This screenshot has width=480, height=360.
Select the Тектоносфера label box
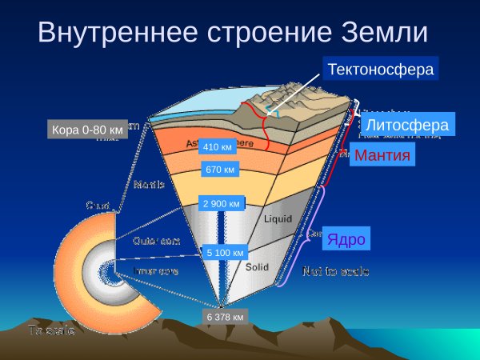click(381, 70)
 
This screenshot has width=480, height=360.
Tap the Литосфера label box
click(406, 125)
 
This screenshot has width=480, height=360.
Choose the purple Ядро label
click(347, 239)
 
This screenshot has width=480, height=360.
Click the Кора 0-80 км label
click(87, 129)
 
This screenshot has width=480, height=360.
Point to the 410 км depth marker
click(218, 147)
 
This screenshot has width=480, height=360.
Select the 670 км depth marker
click(220, 170)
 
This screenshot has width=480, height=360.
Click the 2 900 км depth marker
click(222, 204)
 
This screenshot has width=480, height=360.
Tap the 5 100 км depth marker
click(224, 254)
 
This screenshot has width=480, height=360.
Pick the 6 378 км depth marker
click(225, 317)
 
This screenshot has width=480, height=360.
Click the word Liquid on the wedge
click(279, 216)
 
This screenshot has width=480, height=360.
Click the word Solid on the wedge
click(257, 267)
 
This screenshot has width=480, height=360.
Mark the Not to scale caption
click(335, 272)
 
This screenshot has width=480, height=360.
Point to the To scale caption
click(51, 330)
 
